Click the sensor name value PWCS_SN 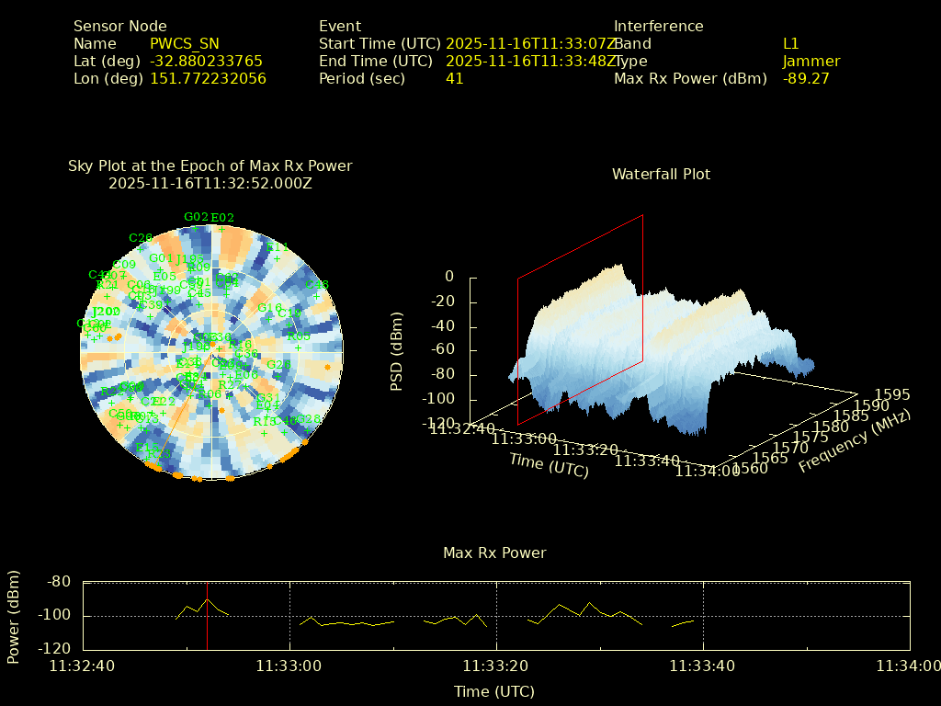pyautogui.click(x=184, y=43)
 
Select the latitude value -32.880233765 pyautogui.click(x=206, y=61)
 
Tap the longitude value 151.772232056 pyautogui.click(x=208, y=78)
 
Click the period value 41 pyautogui.click(x=454, y=78)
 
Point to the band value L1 pyautogui.click(x=790, y=43)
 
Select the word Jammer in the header pyautogui.click(x=811, y=61)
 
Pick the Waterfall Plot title pyautogui.click(x=661, y=174)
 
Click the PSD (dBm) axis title pyautogui.click(x=397, y=351)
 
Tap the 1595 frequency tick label pyautogui.click(x=892, y=394)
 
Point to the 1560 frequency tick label pyautogui.click(x=750, y=469)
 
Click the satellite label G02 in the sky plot pyautogui.click(x=196, y=217)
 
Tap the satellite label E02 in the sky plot pyautogui.click(x=222, y=218)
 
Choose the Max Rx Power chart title pyautogui.click(x=494, y=552)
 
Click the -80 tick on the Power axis pyautogui.click(x=60, y=581)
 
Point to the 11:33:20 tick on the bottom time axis pyautogui.click(x=496, y=666)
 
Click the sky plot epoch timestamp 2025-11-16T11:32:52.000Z pyautogui.click(x=210, y=183)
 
